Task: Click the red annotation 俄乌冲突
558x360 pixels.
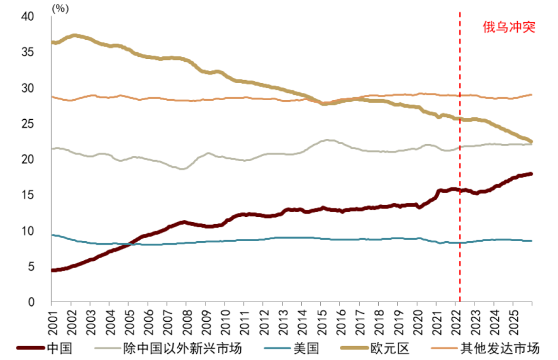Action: (x=509, y=27)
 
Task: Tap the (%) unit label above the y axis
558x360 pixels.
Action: (x=60, y=8)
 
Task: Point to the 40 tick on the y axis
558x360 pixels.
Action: (x=27, y=17)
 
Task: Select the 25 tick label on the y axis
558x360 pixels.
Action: (x=27, y=124)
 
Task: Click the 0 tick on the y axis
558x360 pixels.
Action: (x=32, y=302)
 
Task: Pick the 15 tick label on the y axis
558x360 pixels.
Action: (x=27, y=195)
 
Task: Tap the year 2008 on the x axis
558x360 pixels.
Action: (x=188, y=322)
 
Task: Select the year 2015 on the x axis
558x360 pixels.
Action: (x=322, y=322)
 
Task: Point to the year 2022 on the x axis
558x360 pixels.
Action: (x=457, y=322)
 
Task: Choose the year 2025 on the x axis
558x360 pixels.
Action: (x=514, y=322)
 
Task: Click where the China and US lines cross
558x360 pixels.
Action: (x=129, y=244)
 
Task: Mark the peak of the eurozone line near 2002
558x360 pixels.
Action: (x=74, y=36)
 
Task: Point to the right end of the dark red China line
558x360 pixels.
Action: (x=531, y=174)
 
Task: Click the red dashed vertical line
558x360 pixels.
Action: (x=460, y=157)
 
